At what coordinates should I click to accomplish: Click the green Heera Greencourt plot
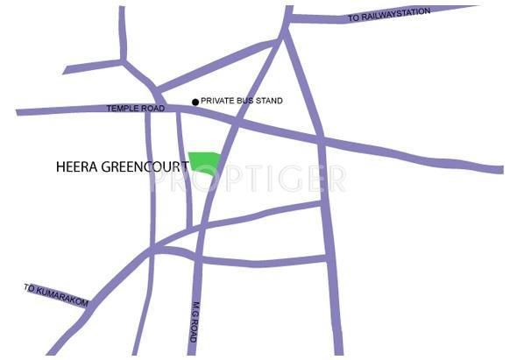pyautogui.click(x=203, y=162)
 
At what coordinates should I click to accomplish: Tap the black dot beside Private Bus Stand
pyautogui.click(x=195, y=102)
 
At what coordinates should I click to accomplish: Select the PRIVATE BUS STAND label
pyautogui.click(x=242, y=102)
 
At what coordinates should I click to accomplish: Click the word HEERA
pyautogui.click(x=74, y=164)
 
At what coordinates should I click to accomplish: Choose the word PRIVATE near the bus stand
pyautogui.click(x=217, y=102)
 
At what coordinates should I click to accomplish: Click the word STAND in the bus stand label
pyautogui.click(x=269, y=102)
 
